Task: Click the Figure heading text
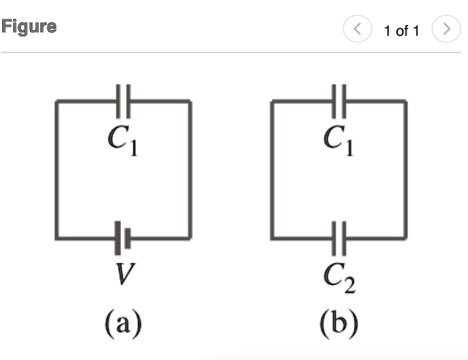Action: coord(29,27)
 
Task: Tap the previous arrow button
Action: coord(357,29)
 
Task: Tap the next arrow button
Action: coord(446,29)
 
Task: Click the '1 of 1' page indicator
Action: coord(401,30)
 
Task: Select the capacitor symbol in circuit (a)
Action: coord(124,101)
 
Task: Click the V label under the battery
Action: coord(123,277)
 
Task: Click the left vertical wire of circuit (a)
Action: coord(56,171)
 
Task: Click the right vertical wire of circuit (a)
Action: coord(190,171)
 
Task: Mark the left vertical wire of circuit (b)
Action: coord(273,171)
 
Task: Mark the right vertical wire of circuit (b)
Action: coord(406,171)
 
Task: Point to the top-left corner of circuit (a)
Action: coord(56,101)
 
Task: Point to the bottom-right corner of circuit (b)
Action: coord(406,238)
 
